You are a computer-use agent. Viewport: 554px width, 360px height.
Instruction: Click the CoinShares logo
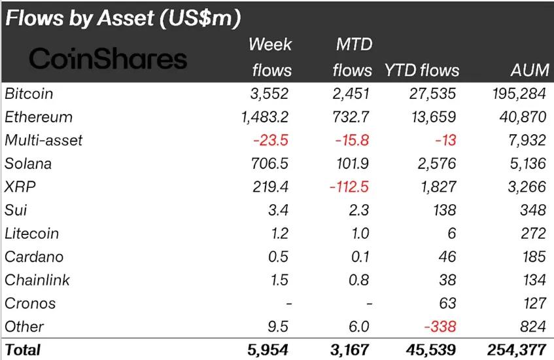[x=109, y=60]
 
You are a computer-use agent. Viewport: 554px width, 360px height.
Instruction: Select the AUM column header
[x=527, y=70]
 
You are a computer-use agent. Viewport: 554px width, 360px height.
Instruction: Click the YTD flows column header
[x=422, y=70]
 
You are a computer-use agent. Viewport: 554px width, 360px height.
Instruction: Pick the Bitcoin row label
[x=29, y=94]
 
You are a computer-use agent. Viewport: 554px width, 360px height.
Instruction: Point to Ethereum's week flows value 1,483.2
[x=265, y=117]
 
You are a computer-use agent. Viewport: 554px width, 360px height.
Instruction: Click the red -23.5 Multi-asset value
[x=270, y=141]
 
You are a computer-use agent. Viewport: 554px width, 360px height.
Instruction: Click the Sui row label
[x=16, y=210]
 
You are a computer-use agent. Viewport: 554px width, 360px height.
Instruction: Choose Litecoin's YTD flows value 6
[x=451, y=234]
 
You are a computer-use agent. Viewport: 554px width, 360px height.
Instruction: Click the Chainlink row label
[x=37, y=280]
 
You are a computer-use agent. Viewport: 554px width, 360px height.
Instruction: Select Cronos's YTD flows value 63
[x=447, y=303]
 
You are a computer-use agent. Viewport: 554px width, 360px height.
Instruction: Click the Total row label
[x=23, y=350]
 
